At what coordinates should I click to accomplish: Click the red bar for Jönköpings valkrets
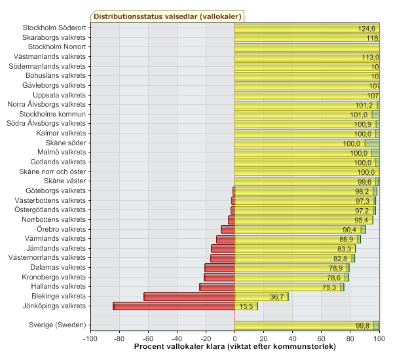pos(174,306)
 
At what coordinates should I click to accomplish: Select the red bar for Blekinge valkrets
pos(189,297)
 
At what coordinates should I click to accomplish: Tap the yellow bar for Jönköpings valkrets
pos(246,306)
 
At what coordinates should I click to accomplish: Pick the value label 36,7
pos(277,297)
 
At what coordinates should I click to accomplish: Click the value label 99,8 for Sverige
pos(363,325)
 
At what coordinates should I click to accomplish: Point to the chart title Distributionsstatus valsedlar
pos(166,16)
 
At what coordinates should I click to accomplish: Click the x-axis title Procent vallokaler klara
pos(234,346)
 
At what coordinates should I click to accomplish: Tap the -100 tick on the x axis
pos(90,338)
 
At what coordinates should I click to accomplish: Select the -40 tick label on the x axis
pos(177,338)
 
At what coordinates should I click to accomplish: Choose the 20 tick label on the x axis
pos(263,338)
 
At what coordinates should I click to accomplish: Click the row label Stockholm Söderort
pos(54,28)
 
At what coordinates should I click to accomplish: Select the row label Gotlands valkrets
pos(58,162)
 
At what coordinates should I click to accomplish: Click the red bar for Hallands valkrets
pos(217,287)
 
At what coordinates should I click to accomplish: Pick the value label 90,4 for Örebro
pos(350,230)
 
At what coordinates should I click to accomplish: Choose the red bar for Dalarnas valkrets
pos(219,268)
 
